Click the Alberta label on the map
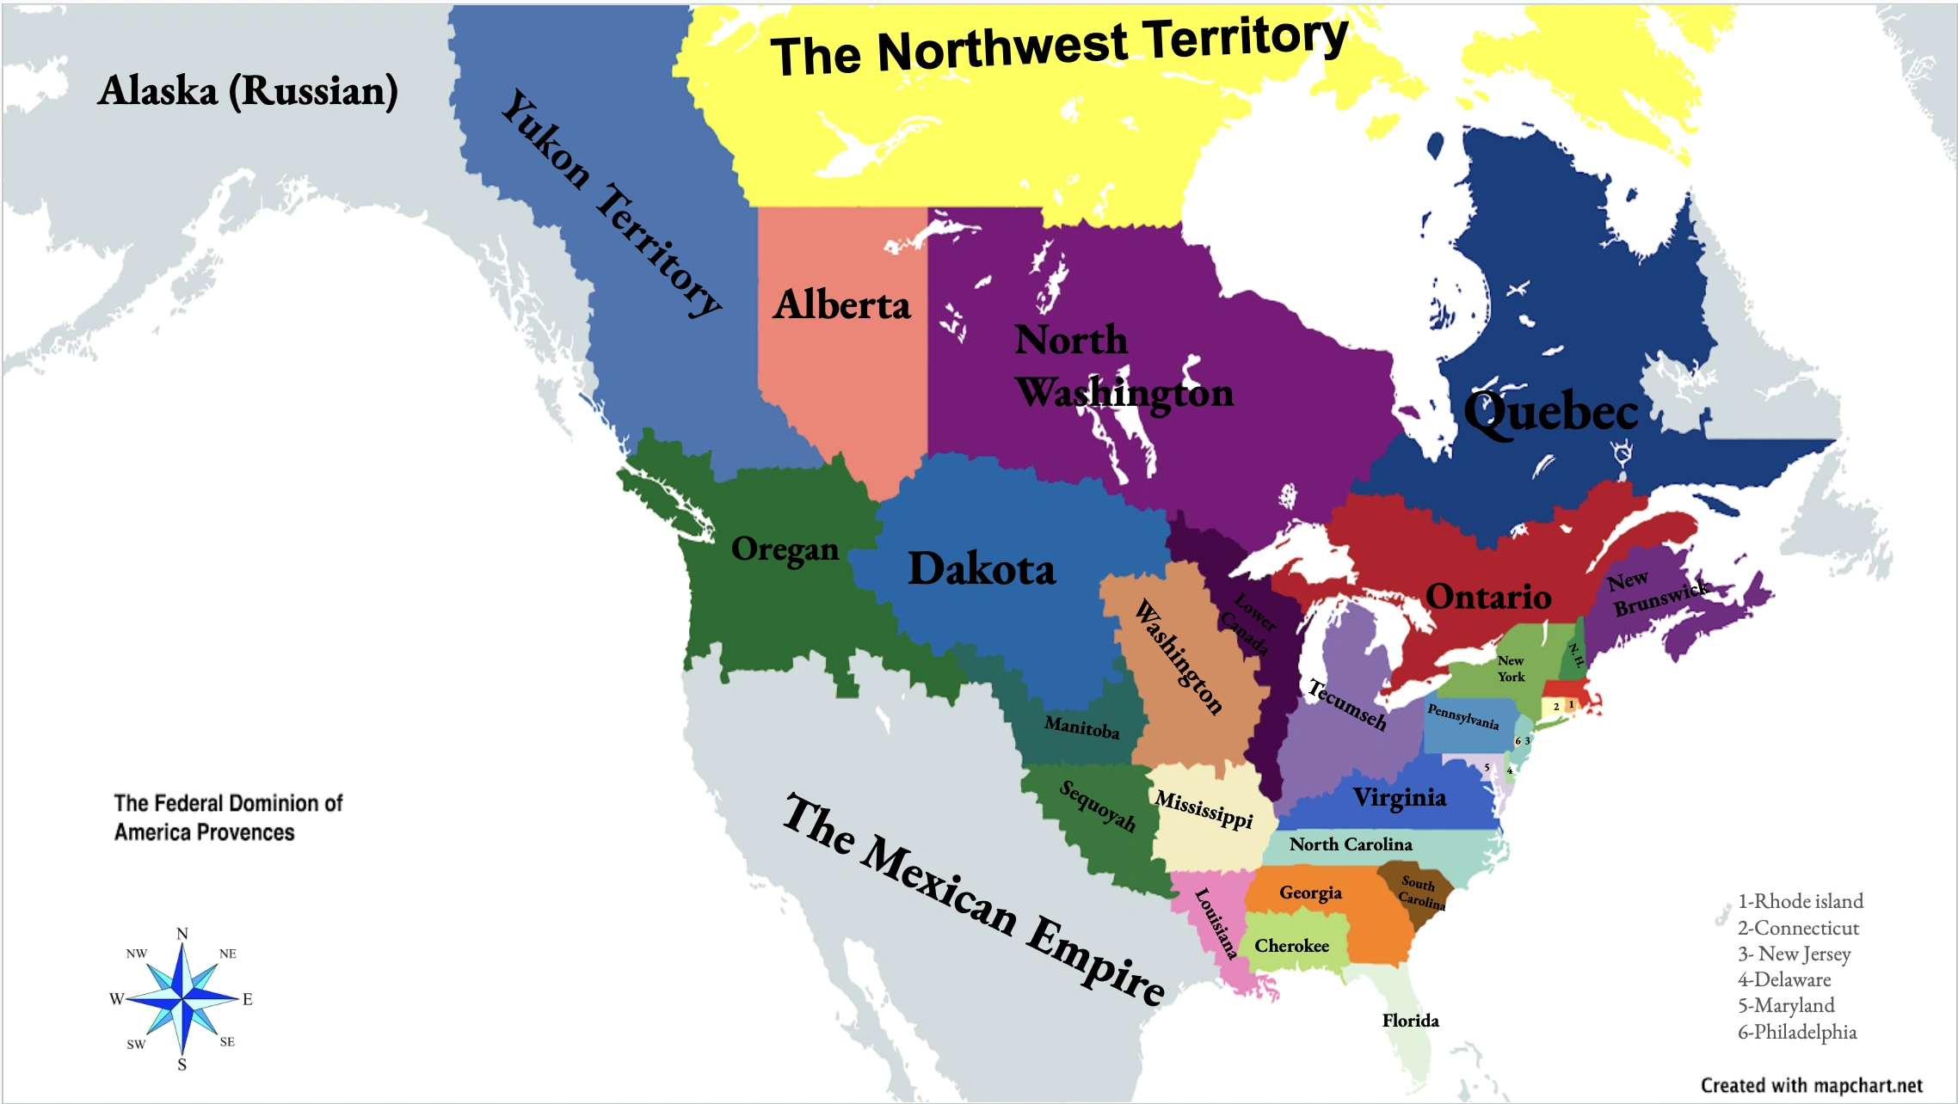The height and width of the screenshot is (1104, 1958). tap(841, 305)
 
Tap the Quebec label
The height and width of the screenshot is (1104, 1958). tap(1550, 412)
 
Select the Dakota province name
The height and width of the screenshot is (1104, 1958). tap(982, 569)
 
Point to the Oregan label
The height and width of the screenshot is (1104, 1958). tap(785, 549)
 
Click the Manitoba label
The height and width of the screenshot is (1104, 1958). tap(1081, 728)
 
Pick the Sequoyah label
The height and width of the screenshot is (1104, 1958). tap(1097, 806)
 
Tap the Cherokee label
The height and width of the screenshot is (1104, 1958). tap(1291, 946)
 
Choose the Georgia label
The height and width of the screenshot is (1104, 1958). tap(1310, 893)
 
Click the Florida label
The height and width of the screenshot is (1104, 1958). tap(1410, 1021)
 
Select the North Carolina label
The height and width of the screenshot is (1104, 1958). tap(1351, 844)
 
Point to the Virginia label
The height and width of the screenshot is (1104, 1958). tap(1400, 798)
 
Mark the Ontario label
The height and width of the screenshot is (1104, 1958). tap(1488, 597)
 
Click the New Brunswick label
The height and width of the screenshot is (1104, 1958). tap(1657, 594)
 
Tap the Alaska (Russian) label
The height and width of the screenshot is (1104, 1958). tap(248, 91)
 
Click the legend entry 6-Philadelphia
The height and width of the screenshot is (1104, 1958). tap(1797, 1032)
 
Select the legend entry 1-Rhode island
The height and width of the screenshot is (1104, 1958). tap(1801, 901)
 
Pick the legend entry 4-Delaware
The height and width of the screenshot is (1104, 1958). tap(1784, 979)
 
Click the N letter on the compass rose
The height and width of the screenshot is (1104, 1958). tap(182, 934)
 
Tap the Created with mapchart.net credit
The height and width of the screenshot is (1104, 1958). tap(1811, 1085)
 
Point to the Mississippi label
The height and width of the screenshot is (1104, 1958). tap(1204, 809)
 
